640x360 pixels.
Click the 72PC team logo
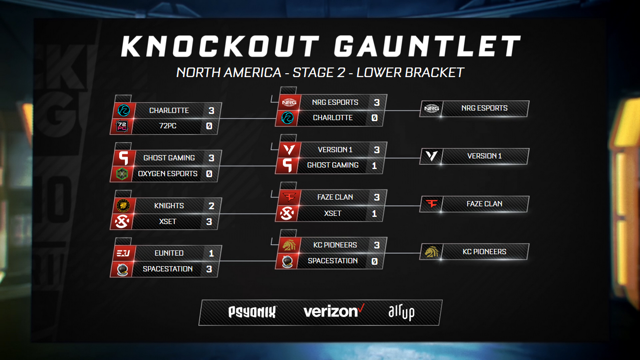pyautogui.click(x=122, y=126)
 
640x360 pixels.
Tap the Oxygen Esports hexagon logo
pyautogui.click(x=122, y=174)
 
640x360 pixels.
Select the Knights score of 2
pyautogui.click(x=212, y=206)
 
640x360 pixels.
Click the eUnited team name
pyautogui.click(x=169, y=253)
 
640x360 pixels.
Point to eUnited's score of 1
pyautogui.click(x=212, y=253)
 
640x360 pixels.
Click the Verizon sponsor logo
pyautogui.click(x=334, y=311)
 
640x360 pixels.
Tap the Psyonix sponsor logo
pyautogui.click(x=252, y=312)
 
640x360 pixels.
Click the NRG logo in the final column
pyautogui.click(x=431, y=109)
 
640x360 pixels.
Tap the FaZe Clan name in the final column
pyautogui.click(x=484, y=204)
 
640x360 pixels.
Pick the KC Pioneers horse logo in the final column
pyautogui.click(x=431, y=252)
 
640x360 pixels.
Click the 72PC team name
pyautogui.click(x=168, y=126)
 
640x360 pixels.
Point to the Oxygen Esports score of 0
pyautogui.click(x=209, y=174)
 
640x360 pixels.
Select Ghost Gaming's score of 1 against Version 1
pyautogui.click(x=374, y=166)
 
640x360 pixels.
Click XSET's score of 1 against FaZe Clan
pyautogui.click(x=374, y=214)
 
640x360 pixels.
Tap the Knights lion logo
pyautogui.click(x=124, y=206)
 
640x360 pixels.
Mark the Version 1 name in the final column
pyautogui.click(x=484, y=156)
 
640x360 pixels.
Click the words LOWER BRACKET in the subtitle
pyautogui.click(x=410, y=73)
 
